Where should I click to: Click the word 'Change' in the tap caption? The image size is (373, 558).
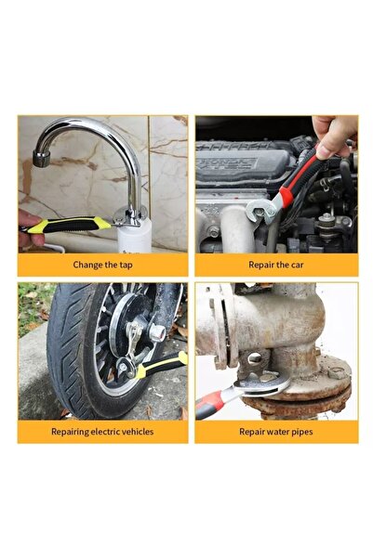coord(84,266)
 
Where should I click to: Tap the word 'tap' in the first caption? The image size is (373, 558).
coord(127,266)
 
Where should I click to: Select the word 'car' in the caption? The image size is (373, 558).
coord(297,265)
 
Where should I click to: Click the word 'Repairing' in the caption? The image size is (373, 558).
coord(70,432)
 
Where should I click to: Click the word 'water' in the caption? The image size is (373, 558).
coord(273,432)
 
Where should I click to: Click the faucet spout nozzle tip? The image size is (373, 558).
coord(41,159)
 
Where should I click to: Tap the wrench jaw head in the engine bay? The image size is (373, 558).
coord(261,212)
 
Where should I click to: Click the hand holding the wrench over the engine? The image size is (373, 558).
coord(334,136)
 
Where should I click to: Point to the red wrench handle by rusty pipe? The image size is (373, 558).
coord(211,404)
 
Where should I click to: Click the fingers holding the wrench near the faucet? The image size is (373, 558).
coord(29,227)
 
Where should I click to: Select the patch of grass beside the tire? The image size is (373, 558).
coord(33,306)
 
